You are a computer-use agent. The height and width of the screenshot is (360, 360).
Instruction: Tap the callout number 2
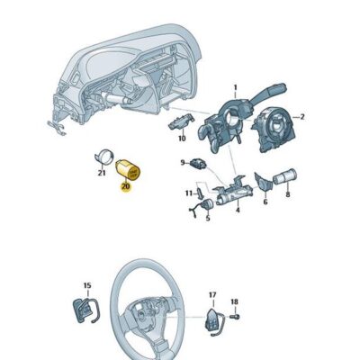click(303, 117)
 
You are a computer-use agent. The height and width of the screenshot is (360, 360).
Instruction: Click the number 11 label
click(190, 193)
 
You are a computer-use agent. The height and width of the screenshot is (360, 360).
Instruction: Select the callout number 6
click(266, 202)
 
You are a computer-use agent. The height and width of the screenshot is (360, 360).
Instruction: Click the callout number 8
click(288, 194)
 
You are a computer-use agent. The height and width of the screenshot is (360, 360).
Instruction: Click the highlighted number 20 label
click(125, 186)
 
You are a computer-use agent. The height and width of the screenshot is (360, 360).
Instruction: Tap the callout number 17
click(213, 294)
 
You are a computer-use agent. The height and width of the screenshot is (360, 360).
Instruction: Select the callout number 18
click(234, 302)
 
